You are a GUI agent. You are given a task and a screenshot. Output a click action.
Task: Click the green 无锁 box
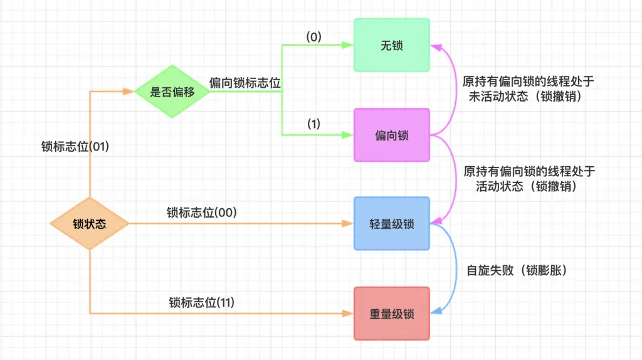391,45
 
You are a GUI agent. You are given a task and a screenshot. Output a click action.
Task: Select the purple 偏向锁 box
391,135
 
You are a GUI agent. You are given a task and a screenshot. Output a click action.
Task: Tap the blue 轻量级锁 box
391,223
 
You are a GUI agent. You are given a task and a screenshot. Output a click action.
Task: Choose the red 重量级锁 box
391,314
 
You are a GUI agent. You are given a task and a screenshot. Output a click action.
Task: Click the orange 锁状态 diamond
89,223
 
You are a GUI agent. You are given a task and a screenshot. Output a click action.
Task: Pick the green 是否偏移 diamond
172,92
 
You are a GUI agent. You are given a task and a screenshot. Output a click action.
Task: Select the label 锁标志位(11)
201,303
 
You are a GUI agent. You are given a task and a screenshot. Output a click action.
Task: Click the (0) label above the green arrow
313,37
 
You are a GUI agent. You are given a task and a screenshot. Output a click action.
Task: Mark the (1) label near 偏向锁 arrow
313,124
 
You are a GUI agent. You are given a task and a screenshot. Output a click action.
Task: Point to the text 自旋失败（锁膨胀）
517,270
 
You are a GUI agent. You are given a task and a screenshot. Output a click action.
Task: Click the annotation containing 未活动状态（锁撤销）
529,98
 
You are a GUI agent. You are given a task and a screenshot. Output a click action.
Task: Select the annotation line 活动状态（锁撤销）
527,186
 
